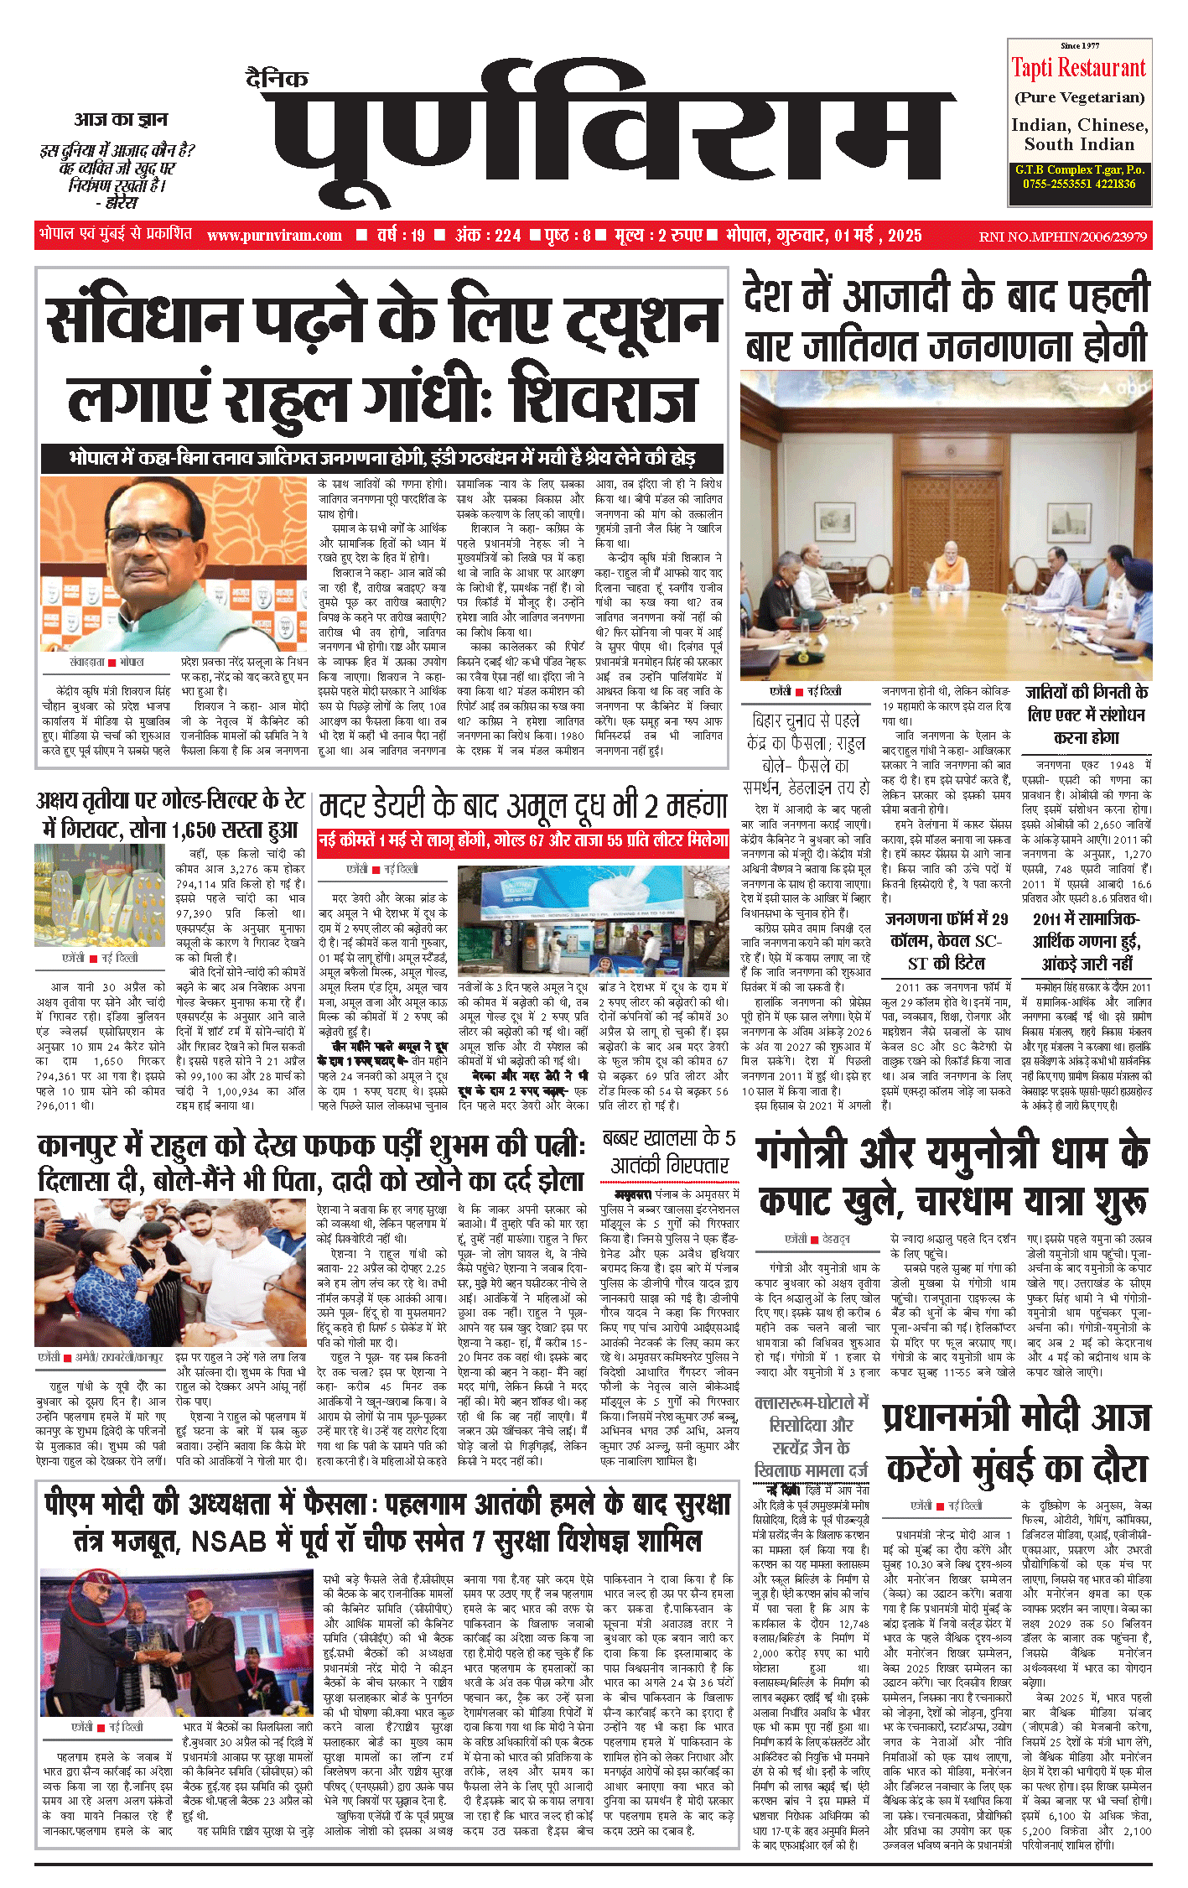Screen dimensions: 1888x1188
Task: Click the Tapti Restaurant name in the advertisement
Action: point(1078,68)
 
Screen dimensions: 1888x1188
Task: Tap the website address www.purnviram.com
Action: point(274,236)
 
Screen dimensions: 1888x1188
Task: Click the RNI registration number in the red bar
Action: point(1062,237)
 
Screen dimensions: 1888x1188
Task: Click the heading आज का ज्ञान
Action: point(121,119)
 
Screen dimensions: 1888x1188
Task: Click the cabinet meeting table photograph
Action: point(946,526)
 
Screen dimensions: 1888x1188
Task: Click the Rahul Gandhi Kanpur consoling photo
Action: point(171,1272)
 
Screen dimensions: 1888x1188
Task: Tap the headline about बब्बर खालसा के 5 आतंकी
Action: point(669,1152)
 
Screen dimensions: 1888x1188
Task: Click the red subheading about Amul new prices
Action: point(522,840)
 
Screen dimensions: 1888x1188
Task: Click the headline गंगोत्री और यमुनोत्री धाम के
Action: point(952,1152)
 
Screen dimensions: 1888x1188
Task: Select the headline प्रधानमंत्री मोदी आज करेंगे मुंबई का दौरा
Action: point(1016,1443)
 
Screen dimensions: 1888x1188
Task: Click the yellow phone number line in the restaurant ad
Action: point(1079,184)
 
